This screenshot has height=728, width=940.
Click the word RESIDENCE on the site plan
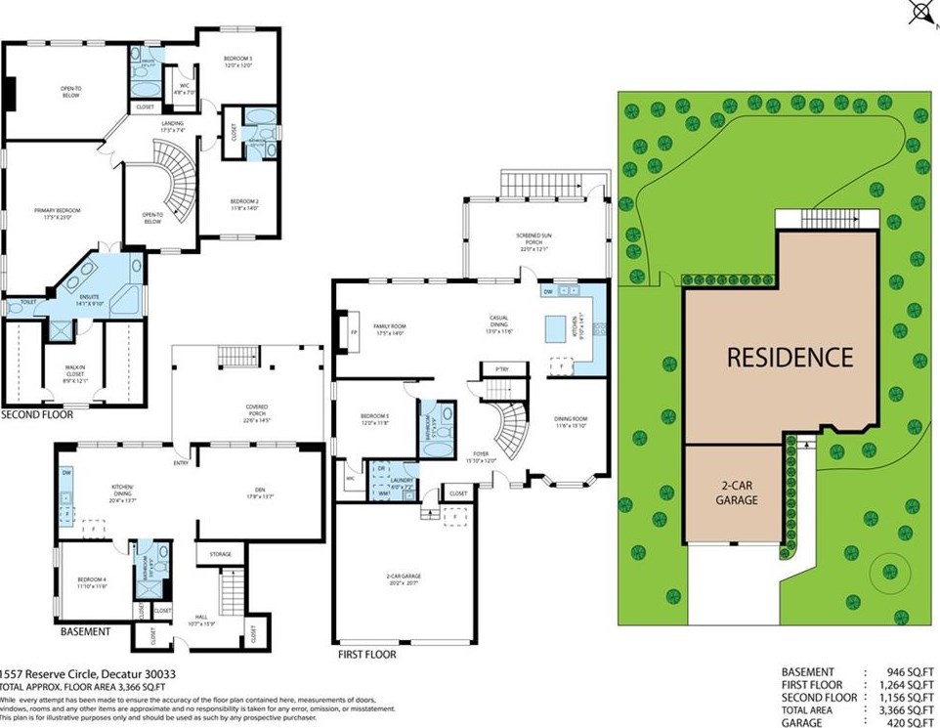pyautogui.click(x=790, y=357)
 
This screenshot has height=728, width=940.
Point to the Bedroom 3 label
pyautogui.click(x=238, y=62)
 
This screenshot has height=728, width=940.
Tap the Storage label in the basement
pyautogui.click(x=220, y=555)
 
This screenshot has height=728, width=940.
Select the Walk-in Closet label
pyautogui.click(x=75, y=364)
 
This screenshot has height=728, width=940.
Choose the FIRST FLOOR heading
pyautogui.click(x=366, y=654)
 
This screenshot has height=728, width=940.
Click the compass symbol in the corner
pyautogui.click(x=920, y=11)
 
